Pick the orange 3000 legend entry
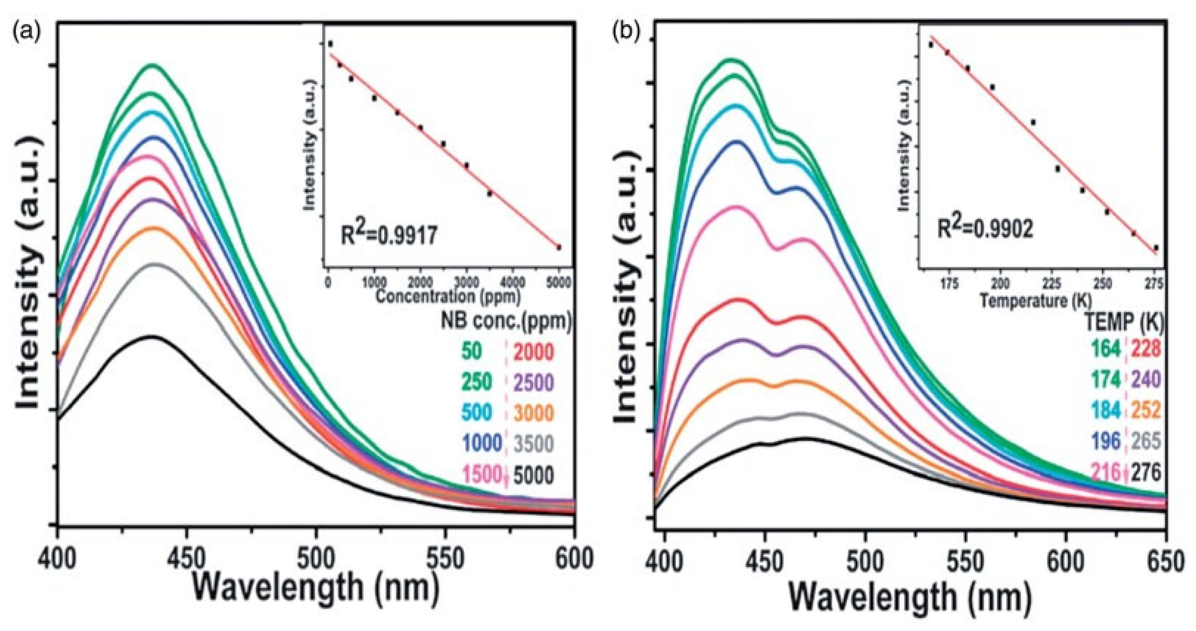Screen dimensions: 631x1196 tap(533, 413)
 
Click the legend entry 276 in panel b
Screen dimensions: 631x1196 tap(1146, 473)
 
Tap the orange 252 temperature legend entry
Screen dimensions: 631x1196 tap(1146, 410)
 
